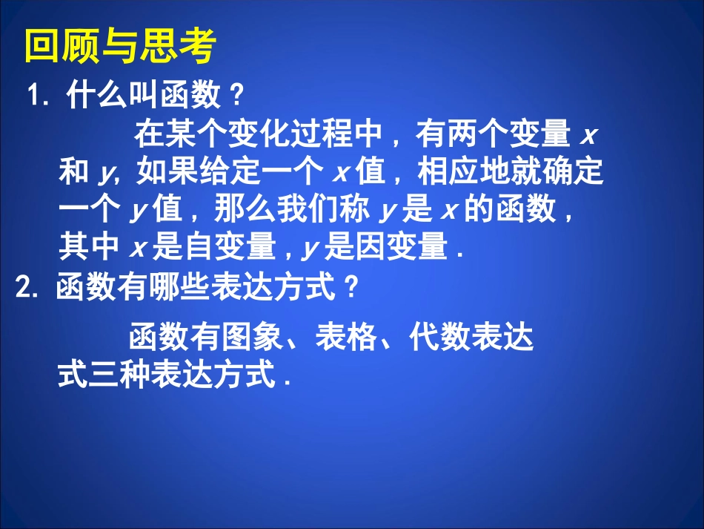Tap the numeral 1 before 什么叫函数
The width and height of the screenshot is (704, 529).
[x=34, y=96]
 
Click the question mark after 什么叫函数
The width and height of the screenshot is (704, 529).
[x=236, y=96]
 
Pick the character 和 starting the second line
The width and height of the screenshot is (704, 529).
[x=73, y=174]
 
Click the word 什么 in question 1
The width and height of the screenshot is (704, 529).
[x=96, y=96]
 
